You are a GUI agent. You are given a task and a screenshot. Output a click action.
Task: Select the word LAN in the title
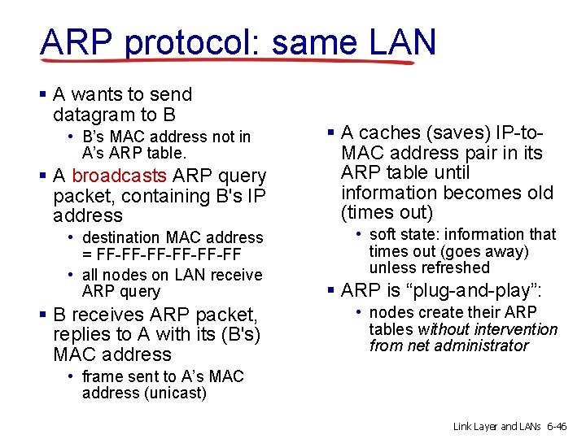pos(400,42)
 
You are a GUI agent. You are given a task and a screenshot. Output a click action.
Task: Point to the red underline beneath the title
pos(236,61)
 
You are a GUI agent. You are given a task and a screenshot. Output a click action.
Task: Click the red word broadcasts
pos(120,176)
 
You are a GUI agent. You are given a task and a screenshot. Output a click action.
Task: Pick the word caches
pos(388,133)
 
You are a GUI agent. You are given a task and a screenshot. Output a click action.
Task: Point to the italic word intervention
pos(514,329)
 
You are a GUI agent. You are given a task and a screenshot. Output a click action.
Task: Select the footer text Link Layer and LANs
pos(497,426)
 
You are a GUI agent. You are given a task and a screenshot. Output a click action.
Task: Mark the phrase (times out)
pos(387,213)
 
